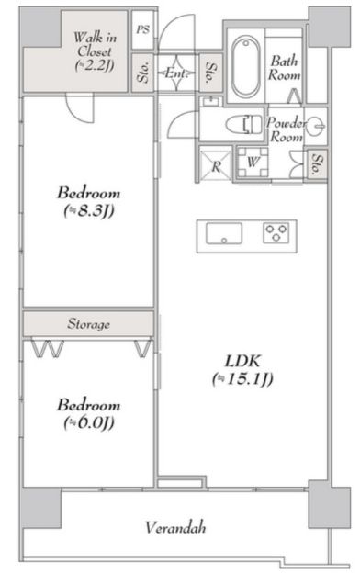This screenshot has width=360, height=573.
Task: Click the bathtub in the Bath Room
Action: [x=246, y=67]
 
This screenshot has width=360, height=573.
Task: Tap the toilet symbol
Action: [x=244, y=124]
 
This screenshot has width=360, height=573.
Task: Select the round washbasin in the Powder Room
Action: [x=315, y=126]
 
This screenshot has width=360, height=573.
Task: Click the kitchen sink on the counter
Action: [x=224, y=233]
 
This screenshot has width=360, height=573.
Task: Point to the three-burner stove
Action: [x=276, y=233]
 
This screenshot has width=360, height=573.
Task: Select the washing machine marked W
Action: [x=253, y=163]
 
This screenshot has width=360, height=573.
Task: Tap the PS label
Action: [x=143, y=29]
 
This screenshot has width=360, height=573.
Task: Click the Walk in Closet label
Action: [x=95, y=51]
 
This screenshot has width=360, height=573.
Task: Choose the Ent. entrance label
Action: [x=174, y=73]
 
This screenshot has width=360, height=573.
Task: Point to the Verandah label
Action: [x=175, y=527]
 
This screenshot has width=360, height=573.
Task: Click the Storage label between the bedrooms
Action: [x=88, y=324]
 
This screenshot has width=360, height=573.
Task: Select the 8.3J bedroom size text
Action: [x=89, y=210]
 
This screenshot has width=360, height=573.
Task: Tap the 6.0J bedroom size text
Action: [x=89, y=422]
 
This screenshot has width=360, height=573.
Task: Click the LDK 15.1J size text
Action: [x=242, y=379]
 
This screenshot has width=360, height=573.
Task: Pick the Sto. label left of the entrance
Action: [x=143, y=73]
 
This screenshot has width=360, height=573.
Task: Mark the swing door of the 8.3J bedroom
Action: [x=80, y=108]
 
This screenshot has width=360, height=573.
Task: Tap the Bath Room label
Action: [x=285, y=68]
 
